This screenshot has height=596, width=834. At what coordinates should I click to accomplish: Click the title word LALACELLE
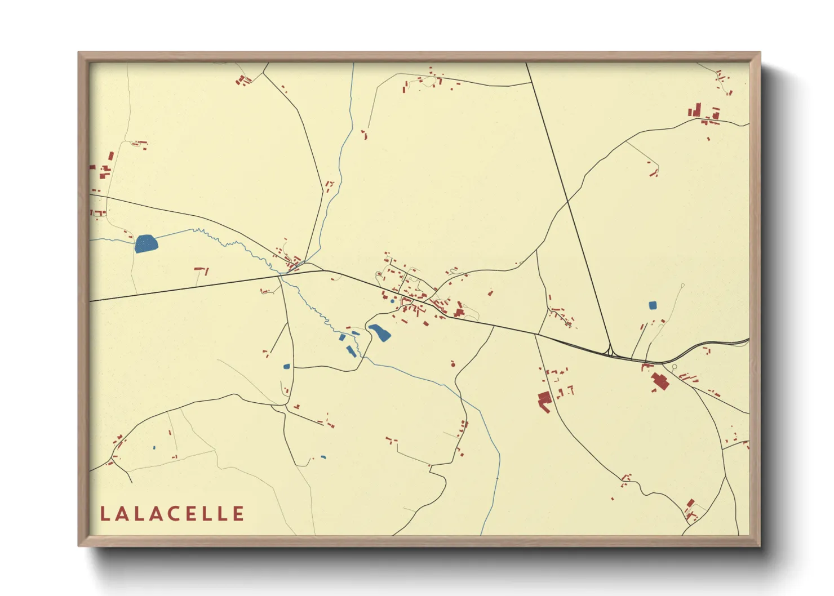[x=172, y=514]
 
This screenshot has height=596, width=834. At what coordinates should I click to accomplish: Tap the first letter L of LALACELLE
[x=104, y=514]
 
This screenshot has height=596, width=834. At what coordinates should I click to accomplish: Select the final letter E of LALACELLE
[x=239, y=514]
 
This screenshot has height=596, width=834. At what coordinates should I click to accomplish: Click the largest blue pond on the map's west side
[x=146, y=244]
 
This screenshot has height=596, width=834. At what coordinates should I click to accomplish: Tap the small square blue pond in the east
[x=653, y=305]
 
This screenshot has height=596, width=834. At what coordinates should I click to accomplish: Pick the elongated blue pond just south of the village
[x=379, y=332]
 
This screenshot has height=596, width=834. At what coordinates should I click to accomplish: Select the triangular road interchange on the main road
[x=610, y=351]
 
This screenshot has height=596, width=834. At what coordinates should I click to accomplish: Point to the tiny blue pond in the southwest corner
[x=154, y=448]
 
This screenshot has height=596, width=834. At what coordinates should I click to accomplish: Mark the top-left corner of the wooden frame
[x=79, y=53]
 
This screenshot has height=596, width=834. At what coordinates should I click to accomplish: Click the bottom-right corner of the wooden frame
[x=760, y=545]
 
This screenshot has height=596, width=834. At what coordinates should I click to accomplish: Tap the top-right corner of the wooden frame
[x=760, y=53]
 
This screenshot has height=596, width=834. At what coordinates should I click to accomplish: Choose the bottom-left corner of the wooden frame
[x=79, y=545]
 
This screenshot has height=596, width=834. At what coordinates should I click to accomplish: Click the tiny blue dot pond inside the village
[x=392, y=301]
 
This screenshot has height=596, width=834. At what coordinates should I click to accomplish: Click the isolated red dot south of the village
[x=452, y=365]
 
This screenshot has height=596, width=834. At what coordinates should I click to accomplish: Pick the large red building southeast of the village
[x=544, y=401]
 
